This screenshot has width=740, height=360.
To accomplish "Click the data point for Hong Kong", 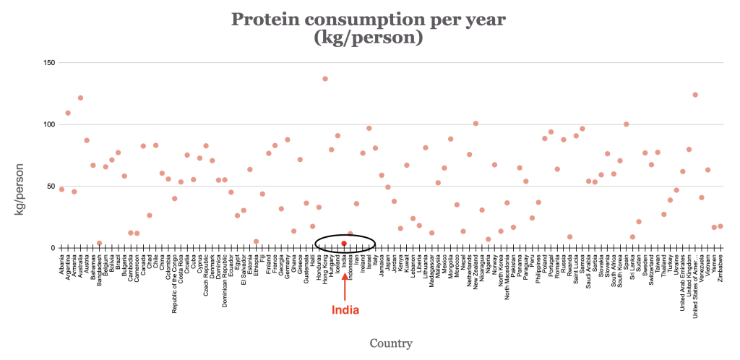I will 325,79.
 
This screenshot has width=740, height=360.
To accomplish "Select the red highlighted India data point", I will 344,244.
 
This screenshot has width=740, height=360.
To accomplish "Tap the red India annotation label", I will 345,310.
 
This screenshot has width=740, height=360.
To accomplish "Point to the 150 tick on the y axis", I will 49,63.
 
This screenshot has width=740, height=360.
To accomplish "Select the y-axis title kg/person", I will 22,187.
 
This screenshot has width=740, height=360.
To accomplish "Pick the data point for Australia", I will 80,98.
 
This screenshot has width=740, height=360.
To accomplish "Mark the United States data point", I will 695,95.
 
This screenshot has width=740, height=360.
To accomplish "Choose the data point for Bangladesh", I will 99,243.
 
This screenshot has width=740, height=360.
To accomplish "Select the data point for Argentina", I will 68,113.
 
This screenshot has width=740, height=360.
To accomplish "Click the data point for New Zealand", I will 476,124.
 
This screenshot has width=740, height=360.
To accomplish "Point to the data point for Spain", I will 626,124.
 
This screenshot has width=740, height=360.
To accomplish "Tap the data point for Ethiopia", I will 256,241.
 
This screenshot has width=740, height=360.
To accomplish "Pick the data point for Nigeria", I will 488,239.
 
